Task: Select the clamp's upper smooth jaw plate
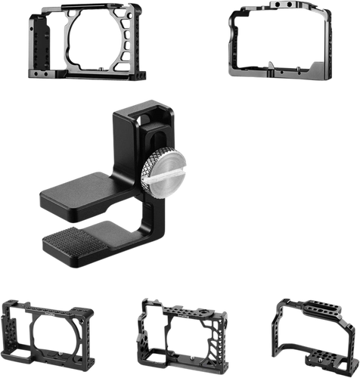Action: [x=76, y=195]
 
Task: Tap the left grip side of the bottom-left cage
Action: [x=13, y=336]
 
